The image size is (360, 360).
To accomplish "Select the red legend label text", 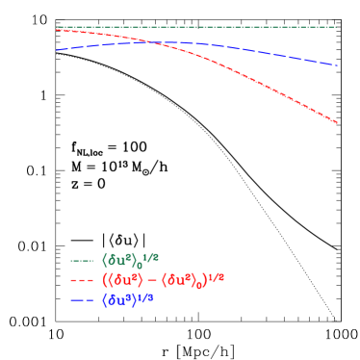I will tap(163, 280).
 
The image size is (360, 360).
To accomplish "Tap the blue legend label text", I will tap(128, 300).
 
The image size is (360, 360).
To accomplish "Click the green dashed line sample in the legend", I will tap(83, 261).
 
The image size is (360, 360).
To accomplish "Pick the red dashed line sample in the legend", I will tap(83, 281).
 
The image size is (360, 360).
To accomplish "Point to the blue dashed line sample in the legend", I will tap(83, 301).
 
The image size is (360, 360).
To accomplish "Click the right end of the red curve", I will tap(338, 123).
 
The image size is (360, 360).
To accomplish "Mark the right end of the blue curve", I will tap(338, 66).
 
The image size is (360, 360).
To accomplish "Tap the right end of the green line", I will tap(337, 27).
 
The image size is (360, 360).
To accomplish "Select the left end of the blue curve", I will tap(57, 50).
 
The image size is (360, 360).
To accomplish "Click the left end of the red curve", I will tap(57, 29).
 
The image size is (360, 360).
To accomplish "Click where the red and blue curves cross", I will tap(152, 41).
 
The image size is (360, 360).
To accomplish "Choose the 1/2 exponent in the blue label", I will tap(146, 296).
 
